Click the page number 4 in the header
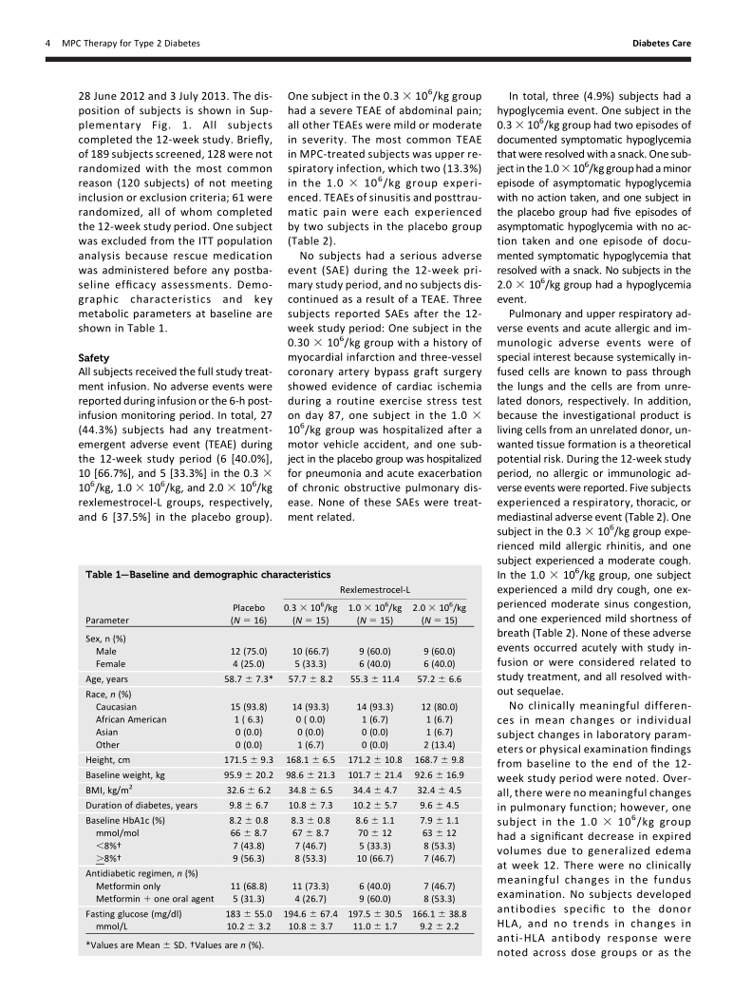coord(47,43)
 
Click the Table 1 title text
coord(208,575)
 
